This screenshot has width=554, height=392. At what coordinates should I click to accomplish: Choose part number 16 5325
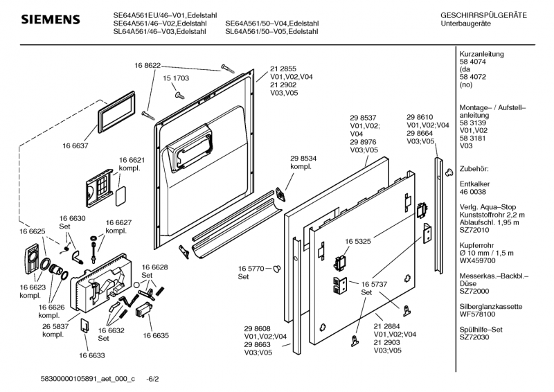tap(355, 242)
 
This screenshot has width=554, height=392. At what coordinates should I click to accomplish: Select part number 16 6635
tap(156, 335)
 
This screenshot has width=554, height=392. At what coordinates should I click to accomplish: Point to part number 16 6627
tap(118, 222)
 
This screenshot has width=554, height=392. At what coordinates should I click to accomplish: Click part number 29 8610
tap(420, 118)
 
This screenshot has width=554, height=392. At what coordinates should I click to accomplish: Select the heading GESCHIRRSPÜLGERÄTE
tap(483, 15)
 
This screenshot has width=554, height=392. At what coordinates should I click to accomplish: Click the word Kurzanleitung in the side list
tap(481, 54)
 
